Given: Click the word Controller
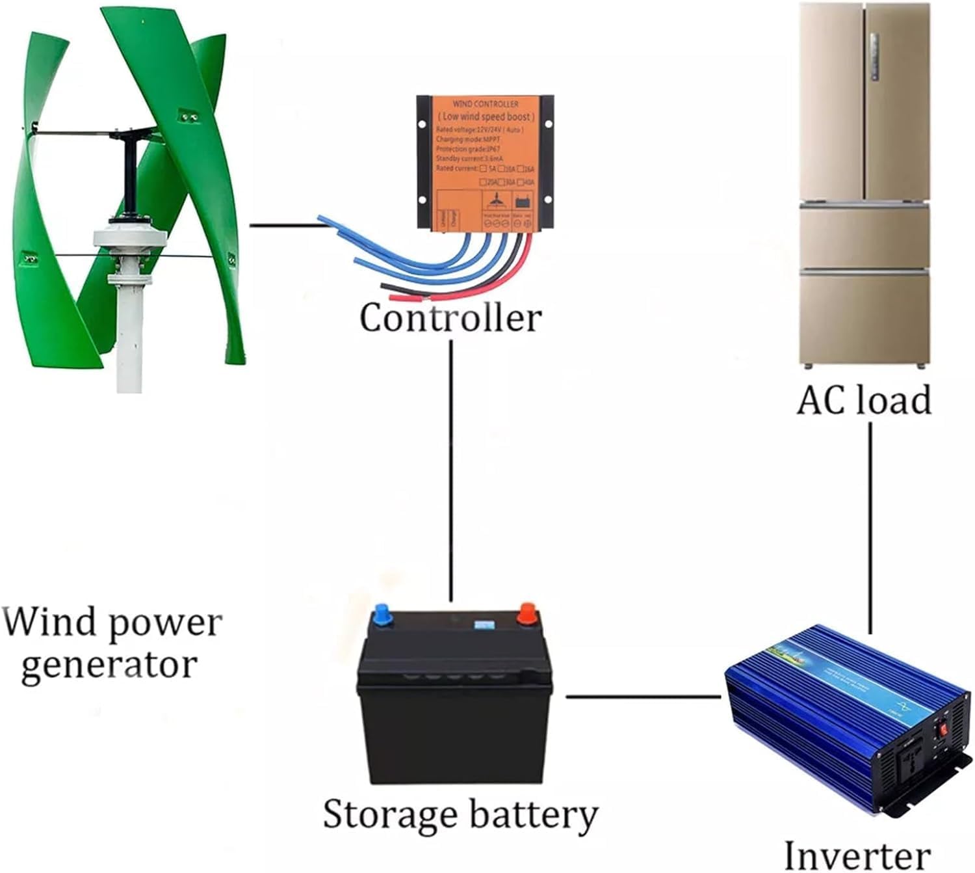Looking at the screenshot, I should pyautogui.click(x=450, y=318).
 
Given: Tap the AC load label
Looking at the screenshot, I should pyautogui.click(x=864, y=399).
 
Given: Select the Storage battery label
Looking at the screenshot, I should pyautogui.click(x=460, y=815).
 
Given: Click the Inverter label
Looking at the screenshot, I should pyautogui.click(x=857, y=854).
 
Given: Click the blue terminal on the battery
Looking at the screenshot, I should pyautogui.click(x=382, y=615).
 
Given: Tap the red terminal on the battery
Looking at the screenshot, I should pyautogui.click(x=528, y=613).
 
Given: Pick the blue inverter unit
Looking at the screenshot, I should pyautogui.click(x=845, y=716).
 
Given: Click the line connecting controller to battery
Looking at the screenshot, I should pyautogui.click(x=450, y=468).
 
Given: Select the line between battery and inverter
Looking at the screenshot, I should pyautogui.click(x=643, y=697).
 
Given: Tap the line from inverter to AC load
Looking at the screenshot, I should pyautogui.click(x=870, y=527).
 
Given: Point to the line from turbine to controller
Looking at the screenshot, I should pyautogui.click(x=286, y=226).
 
